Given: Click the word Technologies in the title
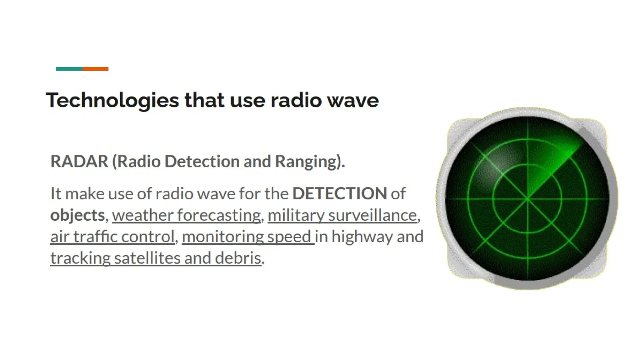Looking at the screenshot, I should tap(112, 101).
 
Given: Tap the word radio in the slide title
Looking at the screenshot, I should tap(296, 101).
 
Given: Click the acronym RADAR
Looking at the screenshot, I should tap(79, 162).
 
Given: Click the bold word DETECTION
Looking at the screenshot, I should tap(340, 193).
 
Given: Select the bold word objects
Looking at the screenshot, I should tap(77, 215).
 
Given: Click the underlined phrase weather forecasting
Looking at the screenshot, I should tap(186, 215).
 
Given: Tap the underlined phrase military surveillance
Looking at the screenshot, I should tap(342, 215).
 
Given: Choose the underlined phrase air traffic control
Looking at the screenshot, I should tap(112, 237).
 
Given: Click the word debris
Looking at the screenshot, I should tap(238, 258).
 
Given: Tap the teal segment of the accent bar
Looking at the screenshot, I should tap(69, 69).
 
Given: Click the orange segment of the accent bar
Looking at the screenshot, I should tap(96, 69).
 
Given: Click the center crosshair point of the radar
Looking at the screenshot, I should tap(527, 199).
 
